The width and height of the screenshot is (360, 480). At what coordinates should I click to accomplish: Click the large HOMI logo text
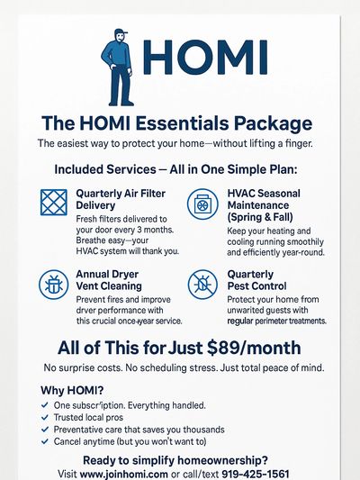[x=205, y=58]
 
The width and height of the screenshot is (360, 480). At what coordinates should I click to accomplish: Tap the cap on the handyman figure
[x=121, y=32]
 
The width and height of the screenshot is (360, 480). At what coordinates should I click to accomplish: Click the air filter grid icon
[x=54, y=203]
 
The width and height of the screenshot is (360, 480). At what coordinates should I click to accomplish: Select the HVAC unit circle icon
[x=202, y=204]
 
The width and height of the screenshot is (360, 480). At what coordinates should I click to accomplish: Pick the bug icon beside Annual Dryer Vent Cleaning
[x=53, y=285]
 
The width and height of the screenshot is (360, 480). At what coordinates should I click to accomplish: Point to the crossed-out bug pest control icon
[x=202, y=285]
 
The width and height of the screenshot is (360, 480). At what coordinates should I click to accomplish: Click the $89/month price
[x=254, y=348]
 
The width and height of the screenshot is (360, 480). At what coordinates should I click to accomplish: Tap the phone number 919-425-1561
[x=256, y=474]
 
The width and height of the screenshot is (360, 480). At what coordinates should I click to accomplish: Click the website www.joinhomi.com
[x=123, y=474]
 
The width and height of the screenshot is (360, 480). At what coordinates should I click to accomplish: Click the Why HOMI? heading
[x=72, y=390]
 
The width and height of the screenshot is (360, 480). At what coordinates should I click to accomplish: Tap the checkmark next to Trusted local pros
[x=45, y=417]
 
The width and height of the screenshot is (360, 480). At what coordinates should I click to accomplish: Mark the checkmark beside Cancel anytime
[x=45, y=441]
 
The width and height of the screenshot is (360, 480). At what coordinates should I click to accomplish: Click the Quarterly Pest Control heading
[x=256, y=280]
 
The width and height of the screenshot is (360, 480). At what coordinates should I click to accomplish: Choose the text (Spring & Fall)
[x=260, y=217]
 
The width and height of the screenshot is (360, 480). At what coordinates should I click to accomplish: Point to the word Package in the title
[x=273, y=124]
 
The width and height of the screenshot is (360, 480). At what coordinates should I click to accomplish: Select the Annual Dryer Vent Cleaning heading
[x=109, y=280]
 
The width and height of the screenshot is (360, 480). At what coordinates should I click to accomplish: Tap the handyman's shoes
[x=121, y=103]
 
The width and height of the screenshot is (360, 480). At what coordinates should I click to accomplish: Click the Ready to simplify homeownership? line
[x=175, y=460]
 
